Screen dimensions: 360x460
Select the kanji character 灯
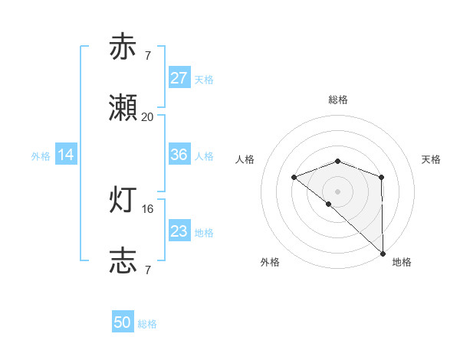(x=123, y=200)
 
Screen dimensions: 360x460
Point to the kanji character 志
(x=123, y=261)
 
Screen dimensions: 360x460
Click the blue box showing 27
(x=179, y=78)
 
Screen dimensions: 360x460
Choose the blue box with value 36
(x=179, y=155)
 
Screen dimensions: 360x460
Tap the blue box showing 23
(x=179, y=231)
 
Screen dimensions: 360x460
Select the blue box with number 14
(x=66, y=155)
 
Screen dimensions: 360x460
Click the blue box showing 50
(x=123, y=322)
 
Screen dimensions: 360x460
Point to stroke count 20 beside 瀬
(x=148, y=116)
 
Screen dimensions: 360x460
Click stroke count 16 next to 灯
(x=148, y=208)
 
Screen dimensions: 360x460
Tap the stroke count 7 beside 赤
(x=148, y=55)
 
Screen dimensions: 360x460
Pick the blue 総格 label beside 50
(x=147, y=324)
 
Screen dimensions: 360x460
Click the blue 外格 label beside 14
(x=41, y=155)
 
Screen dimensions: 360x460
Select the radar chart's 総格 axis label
(x=338, y=100)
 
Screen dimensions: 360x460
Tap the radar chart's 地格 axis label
(x=402, y=262)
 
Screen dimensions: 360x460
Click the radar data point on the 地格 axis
(x=383, y=253)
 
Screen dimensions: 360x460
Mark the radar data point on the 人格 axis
(x=294, y=178)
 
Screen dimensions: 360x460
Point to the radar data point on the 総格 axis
(x=338, y=161)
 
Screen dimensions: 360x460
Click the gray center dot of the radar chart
(x=338, y=191)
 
